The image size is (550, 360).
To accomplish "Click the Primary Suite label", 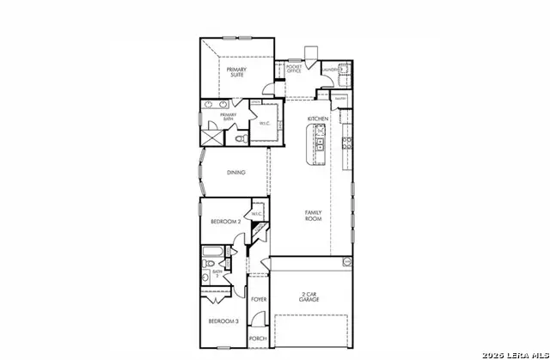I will point(236,71).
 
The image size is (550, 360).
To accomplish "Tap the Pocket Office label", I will point(294,68).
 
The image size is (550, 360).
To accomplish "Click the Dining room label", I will point(236,173).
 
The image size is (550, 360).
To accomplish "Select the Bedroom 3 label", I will point(223,321).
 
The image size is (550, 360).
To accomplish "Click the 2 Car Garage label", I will point(311,296).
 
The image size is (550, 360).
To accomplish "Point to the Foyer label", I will point(259,300).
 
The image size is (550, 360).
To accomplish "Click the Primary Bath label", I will point(228,116).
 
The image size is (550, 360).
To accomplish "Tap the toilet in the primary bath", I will point(241,137).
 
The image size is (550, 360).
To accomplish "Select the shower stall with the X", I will point(211,137).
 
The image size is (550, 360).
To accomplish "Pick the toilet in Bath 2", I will point(206,277).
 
